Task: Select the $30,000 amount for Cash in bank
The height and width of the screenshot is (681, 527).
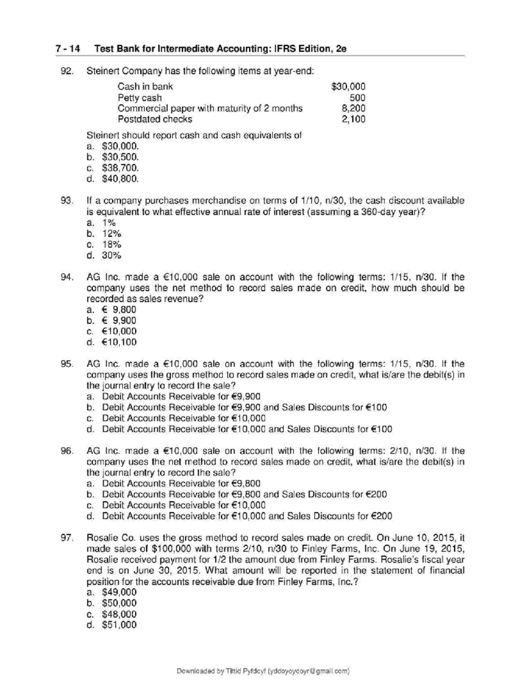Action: (348, 86)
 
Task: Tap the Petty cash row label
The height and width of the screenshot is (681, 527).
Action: (139, 97)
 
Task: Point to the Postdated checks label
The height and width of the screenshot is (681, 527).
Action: (155, 119)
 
